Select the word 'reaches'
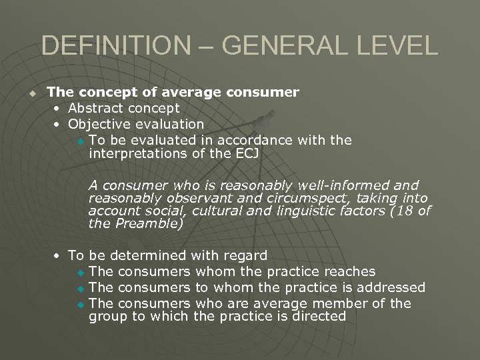349,271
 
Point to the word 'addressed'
393,287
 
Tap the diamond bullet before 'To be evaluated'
81,141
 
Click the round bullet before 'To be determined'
59,256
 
